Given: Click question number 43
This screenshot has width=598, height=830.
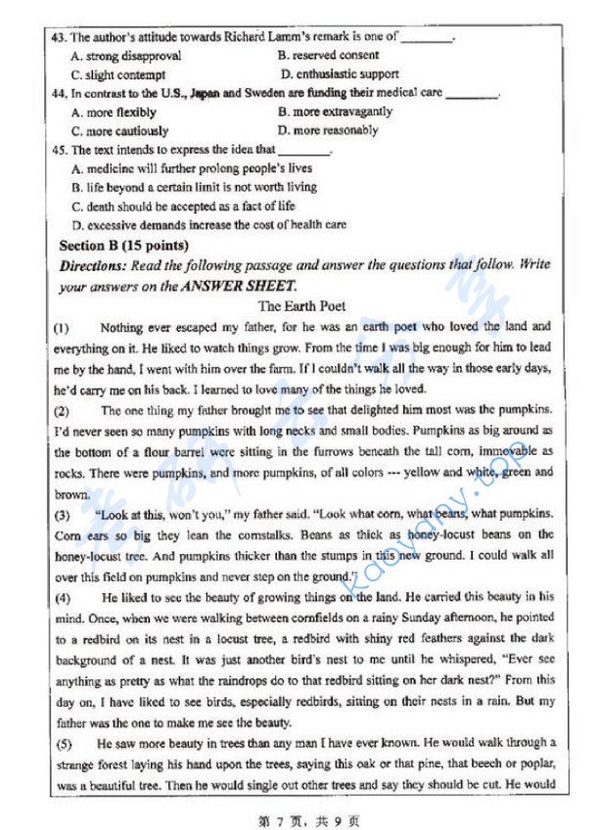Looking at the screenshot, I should click(x=57, y=37).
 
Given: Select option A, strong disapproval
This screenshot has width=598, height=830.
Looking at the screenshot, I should click(x=126, y=56).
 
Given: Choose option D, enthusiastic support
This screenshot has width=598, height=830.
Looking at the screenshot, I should click(x=340, y=73).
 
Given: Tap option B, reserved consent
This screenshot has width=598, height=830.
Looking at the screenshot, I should click(x=328, y=56).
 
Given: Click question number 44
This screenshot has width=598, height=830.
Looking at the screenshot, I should click(x=57, y=93).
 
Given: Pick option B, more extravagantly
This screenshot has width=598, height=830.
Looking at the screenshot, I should click(x=335, y=112).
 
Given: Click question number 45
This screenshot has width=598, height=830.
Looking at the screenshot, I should click(x=57, y=150).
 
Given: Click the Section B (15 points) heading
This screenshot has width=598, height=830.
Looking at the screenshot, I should click(x=123, y=245).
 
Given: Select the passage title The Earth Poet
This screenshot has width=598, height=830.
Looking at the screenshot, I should click(x=301, y=306).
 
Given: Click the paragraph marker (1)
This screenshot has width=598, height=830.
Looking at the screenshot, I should click(x=61, y=326).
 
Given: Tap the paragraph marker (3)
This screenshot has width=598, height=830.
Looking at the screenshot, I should click(x=62, y=514).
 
